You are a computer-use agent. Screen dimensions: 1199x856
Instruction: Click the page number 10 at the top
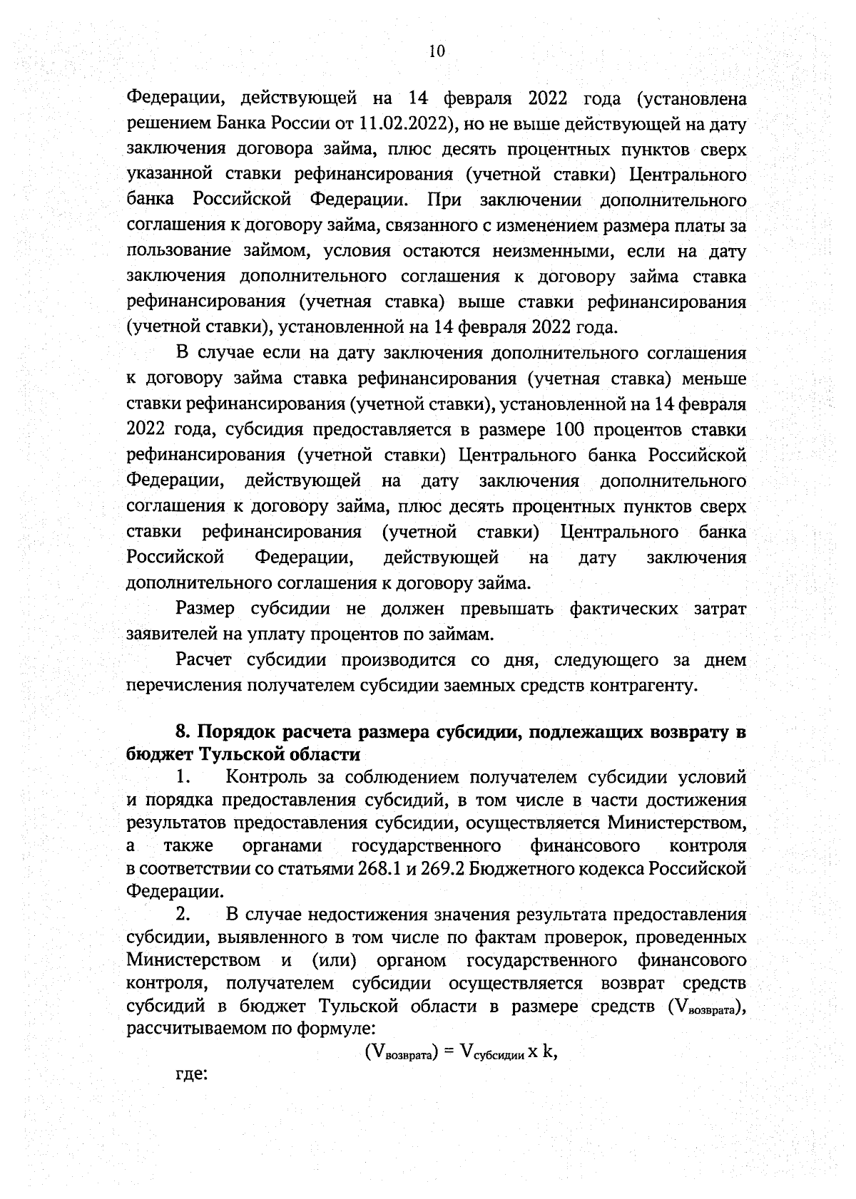pyautogui.click(x=437, y=51)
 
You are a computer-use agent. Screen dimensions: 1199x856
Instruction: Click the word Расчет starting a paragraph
pyautogui.click(x=203, y=660)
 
